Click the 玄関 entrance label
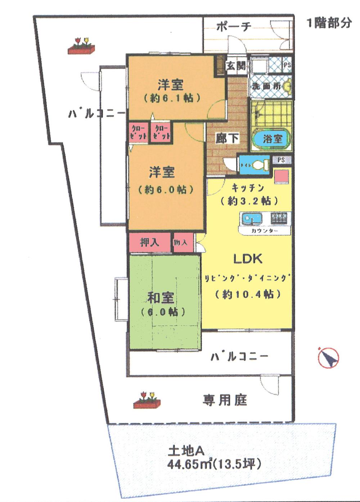coord(235,66)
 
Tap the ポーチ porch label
coord(234,27)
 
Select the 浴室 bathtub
coord(272,139)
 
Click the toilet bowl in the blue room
coord(260,165)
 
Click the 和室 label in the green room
coord(161,298)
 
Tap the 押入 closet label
coord(149,242)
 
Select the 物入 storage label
coord(181,242)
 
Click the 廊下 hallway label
coord(227,138)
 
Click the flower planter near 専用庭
coord(147,400)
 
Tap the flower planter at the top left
coord(81,46)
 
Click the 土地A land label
coord(186,450)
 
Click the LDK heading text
coord(248,259)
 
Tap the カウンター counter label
coord(265,230)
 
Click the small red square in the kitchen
coord(282,177)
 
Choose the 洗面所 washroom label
coord(266,86)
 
